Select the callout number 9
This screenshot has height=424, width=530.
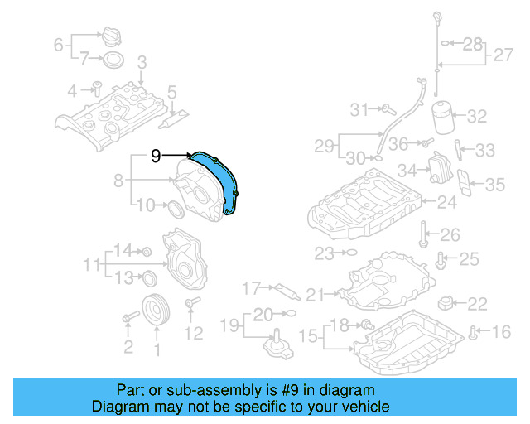click(x=156, y=155)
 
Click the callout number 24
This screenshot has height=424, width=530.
click(x=447, y=201)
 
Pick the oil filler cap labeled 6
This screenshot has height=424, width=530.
click(x=110, y=39)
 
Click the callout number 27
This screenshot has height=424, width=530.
click(x=504, y=55)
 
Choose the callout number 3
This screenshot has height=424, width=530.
click(x=142, y=61)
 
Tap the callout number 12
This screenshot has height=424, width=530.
click(x=193, y=334)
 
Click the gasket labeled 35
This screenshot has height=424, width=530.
click(x=467, y=185)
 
